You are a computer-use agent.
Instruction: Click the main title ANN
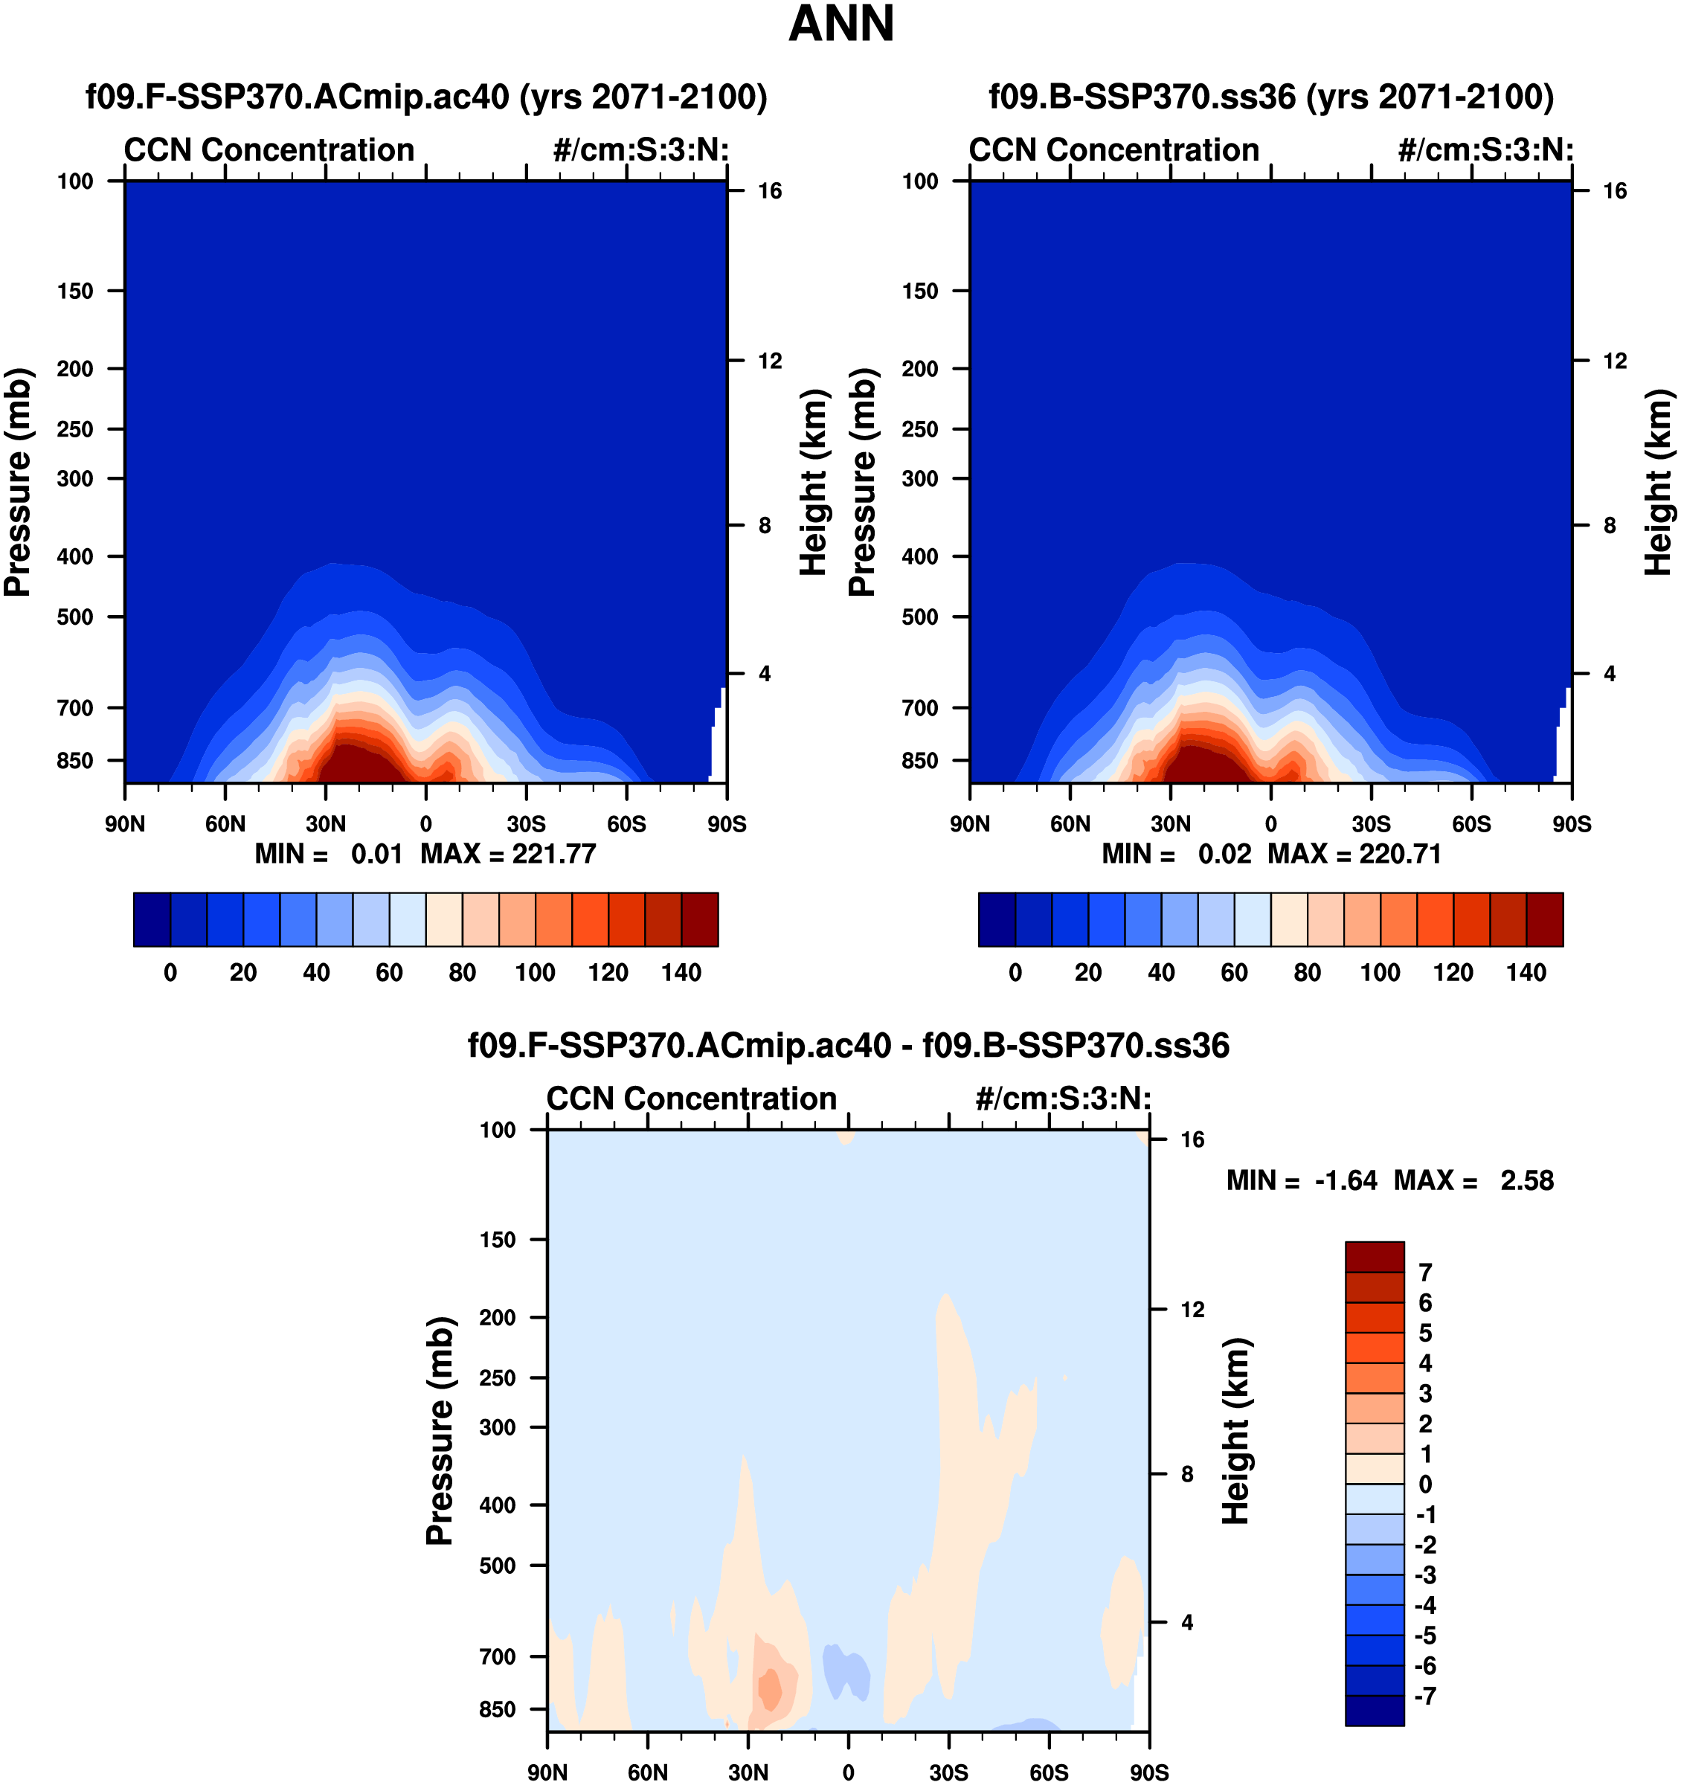pyautogui.click(x=840, y=25)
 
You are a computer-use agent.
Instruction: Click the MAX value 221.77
pyautogui.click(x=553, y=854)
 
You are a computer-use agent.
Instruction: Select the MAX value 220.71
pyautogui.click(x=1400, y=854)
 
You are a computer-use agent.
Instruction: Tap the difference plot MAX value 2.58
pyautogui.click(x=1526, y=1181)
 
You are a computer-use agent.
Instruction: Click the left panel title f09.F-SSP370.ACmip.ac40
pyautogui.click(x=426, y=97)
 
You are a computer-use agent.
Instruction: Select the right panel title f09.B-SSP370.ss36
pyautogui.click(x=1270, y=97)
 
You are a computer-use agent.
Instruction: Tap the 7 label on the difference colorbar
pyautogui.click(x=1425, y=1273)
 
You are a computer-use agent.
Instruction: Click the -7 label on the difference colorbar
pyautogui.click(x=1425, y=1696)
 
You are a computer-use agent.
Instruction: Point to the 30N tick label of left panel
pyautogui.click(x=325, y=824)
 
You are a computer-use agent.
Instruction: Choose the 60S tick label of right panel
pyautogui.click(x=1472, y=824)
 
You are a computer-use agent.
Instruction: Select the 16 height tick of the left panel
pyautogui.click(x=770, y=191)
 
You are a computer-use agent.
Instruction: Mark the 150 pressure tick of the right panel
pyautogui.click(x=920, y=291)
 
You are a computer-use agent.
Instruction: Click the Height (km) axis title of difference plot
pyautogui.click(x=1236, y=1431)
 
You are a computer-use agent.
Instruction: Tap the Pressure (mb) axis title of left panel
pyautogui.click(x=18, y=482)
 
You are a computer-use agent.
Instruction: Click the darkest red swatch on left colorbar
pyautogui.click(x=699, y=919)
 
